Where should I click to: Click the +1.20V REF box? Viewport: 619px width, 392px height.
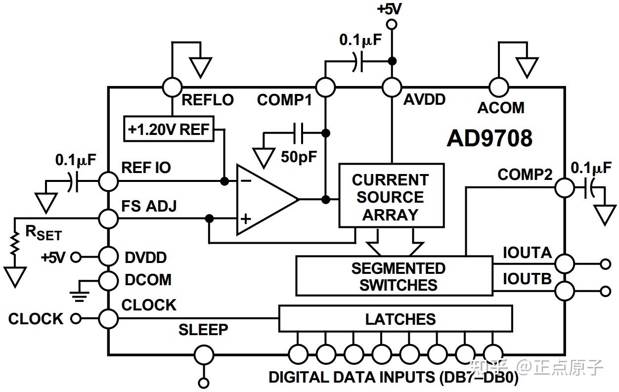pos(169,129)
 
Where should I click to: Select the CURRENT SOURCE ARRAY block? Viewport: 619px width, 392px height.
pos(392,196)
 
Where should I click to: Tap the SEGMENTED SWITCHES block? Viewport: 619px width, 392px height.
pos(395,276)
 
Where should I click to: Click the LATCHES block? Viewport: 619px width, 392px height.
pos(396,318)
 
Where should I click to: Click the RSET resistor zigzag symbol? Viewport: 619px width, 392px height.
pos(15,244)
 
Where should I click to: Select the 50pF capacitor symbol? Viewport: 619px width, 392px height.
pos(299,133)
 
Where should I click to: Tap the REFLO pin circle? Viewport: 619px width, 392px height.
pos(173,87)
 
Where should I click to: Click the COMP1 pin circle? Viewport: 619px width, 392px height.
pos(325,87)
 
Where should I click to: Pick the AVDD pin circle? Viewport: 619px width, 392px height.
pos(392,87)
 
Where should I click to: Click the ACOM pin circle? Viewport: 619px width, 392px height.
pos(499,87)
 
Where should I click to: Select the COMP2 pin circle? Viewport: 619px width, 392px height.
pos(565,188)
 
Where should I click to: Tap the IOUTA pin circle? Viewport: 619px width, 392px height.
pos(565,264)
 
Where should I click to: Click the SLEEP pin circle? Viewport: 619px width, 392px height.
pos(204,355)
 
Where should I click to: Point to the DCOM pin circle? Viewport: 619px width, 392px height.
pos(109,281)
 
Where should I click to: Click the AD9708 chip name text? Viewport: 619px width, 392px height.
pos(489,138)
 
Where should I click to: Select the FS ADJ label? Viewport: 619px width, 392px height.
pos(149,206)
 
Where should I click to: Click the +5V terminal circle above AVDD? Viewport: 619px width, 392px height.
pos(392,24)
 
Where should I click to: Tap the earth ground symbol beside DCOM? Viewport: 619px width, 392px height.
pos(79,297)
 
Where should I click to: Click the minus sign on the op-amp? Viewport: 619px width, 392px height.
pos(246,181)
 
